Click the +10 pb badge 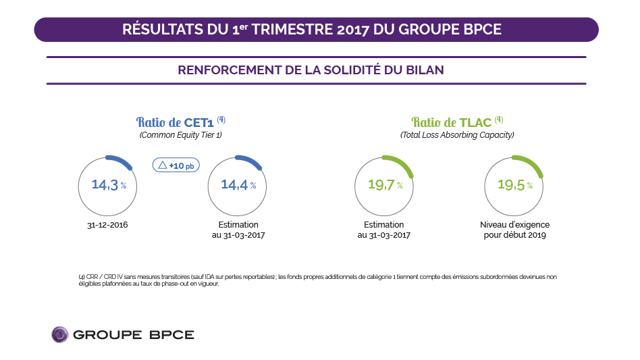click(x=176, y=165)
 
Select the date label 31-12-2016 click(x=109, y=225)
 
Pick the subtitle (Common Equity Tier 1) click(x=180, y=135)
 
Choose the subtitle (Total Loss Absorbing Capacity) click(x=457, y=135)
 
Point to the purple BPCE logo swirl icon click(x=60, y=334)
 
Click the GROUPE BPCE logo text click(x=133, y=335)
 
